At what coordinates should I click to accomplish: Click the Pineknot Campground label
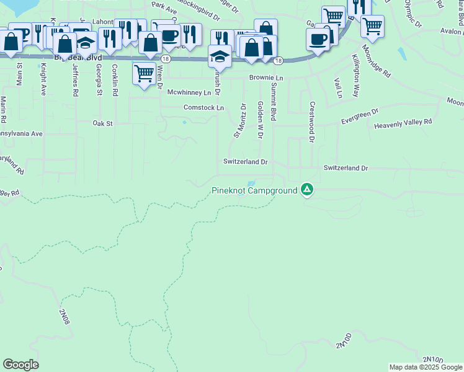(254, 190)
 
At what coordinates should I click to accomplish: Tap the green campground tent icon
(306, 189)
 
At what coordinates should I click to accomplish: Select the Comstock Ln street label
(203, 107)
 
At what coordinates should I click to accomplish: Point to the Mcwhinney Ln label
(194, 92)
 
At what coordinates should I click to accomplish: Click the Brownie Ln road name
(266, 78)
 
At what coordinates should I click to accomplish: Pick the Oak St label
(102, 123)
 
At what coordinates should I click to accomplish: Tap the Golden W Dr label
(260, 120)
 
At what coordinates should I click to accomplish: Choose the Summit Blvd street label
(274, 103)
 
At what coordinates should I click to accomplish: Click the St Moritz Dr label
(240, 120)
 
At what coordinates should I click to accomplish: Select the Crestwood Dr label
(312, 122)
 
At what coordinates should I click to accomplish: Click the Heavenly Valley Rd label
(403, 125)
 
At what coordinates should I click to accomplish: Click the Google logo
(20, 365)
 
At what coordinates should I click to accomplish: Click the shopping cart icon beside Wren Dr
(144, 73)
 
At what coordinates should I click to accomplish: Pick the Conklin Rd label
(115, 81)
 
